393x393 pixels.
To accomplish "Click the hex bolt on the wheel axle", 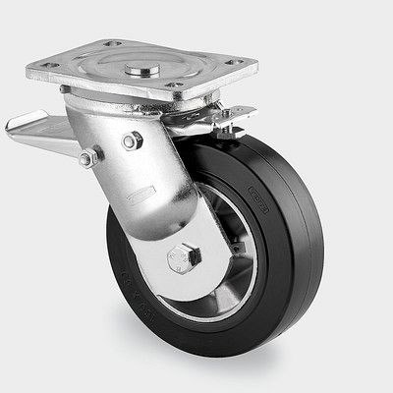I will coord(184,257).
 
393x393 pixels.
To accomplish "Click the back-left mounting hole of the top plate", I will coord(111,44).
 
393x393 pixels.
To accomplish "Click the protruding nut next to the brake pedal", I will coord(86,157).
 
